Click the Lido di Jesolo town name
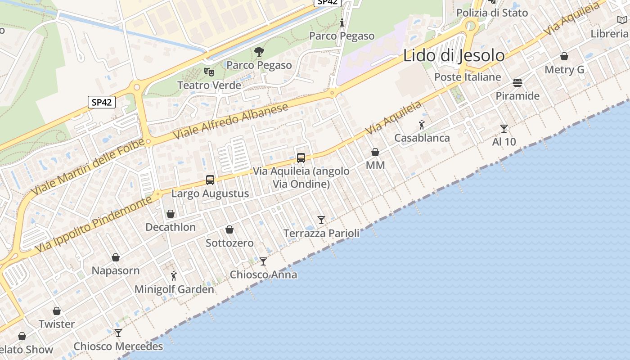pyautogui.click(x=454, y=55)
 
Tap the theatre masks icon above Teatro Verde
pyautogui.click(x=209, y=72)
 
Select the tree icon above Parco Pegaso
pyautogui.click(x=259, y=52)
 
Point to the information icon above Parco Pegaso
pyautogui.click(x=342, y=22)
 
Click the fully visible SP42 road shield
pyautogui.click(x=101, y=102)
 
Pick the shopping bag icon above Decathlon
pyautogui.click(x=171, y=214)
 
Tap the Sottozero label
pyautogui.click(x=229, y=243)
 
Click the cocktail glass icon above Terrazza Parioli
pyautogui.click(x=321, y=220)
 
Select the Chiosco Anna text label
pyautogui.click(x=263, y=274)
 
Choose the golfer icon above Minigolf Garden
pyautogui.click(x=174, y=275)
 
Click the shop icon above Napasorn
pyautogui.click(x=116, y=257)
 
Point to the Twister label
pyautogui.click(x=57, y=324)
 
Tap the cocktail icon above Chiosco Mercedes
pyautogui.click(x=118, y=333)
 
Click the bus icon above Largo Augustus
pyautogui.click(x=210, y=180)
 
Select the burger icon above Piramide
pyautogui.click(x=517, y=83)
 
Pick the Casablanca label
pyautogui.click(x=422, y=138)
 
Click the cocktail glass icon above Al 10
pyautogui.click(x=504, y=129)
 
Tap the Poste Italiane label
pyautogui.click(x=467, y=77)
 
